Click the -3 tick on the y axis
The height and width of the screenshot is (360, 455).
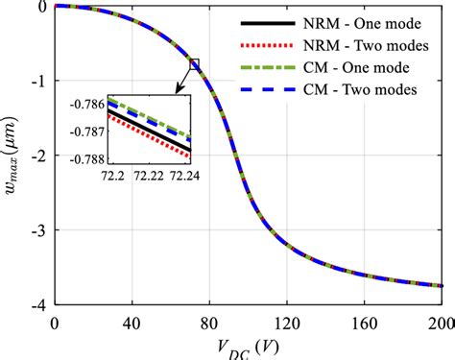(38, 230)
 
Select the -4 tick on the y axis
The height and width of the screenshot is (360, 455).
(38, 304)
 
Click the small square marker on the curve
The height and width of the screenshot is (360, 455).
(195, 64)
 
